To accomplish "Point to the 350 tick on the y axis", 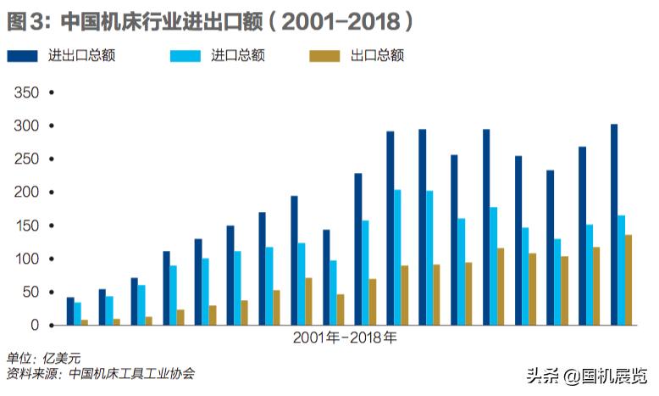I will tap(27, 92).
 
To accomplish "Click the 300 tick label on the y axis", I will tap(27, 125).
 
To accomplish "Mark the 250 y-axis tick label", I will tap(27, 159).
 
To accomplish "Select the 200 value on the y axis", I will tap(27, 192).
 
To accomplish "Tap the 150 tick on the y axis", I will tap(27, 226).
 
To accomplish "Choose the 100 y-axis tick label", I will tap(27, 259).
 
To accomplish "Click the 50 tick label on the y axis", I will tap(30, 292).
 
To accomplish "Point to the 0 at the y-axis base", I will tap(35, 325).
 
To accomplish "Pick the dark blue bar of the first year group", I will tap(70, 311).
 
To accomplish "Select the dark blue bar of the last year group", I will tap(614, 225).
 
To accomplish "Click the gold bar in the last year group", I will tap(629, 280).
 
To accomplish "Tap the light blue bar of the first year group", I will tap(78, 314).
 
